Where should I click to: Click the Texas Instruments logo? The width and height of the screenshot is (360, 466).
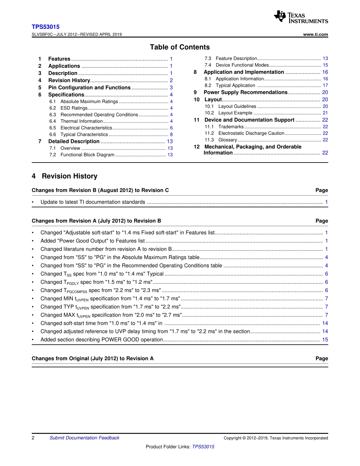tap(301, 17)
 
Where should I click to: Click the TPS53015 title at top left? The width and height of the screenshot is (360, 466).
tap(45, 27)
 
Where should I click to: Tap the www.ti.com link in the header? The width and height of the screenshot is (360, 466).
tap(316, 34)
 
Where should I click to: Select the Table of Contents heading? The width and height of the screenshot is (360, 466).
tap(180, 47)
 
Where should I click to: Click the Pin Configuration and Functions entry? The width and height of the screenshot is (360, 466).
tap(89, 88)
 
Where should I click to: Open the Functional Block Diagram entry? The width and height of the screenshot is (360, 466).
tap(87, 155)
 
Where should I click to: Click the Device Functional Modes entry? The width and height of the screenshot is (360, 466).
tap(242, 65)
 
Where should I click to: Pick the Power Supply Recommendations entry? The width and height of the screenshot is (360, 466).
tap(246, 92)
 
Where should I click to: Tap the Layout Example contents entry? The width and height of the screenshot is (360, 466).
tap(235, 113)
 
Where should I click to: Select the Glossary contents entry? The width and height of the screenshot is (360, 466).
tap(228, 140)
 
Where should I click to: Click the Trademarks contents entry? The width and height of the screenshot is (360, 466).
tap(231, 127)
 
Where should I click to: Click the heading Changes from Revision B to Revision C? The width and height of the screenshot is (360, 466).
tap(100, 190)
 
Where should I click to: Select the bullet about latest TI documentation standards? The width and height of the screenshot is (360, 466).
tap(93, 202)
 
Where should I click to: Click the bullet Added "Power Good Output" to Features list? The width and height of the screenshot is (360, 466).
tap(92, 241)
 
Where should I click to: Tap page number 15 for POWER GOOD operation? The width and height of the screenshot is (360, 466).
tap(325, 340)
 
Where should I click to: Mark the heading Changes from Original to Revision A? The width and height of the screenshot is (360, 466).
tap(93, 358)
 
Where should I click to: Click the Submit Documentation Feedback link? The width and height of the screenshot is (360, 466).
tap(84, 438)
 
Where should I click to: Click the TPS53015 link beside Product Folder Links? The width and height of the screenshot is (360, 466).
tap(203, 447)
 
